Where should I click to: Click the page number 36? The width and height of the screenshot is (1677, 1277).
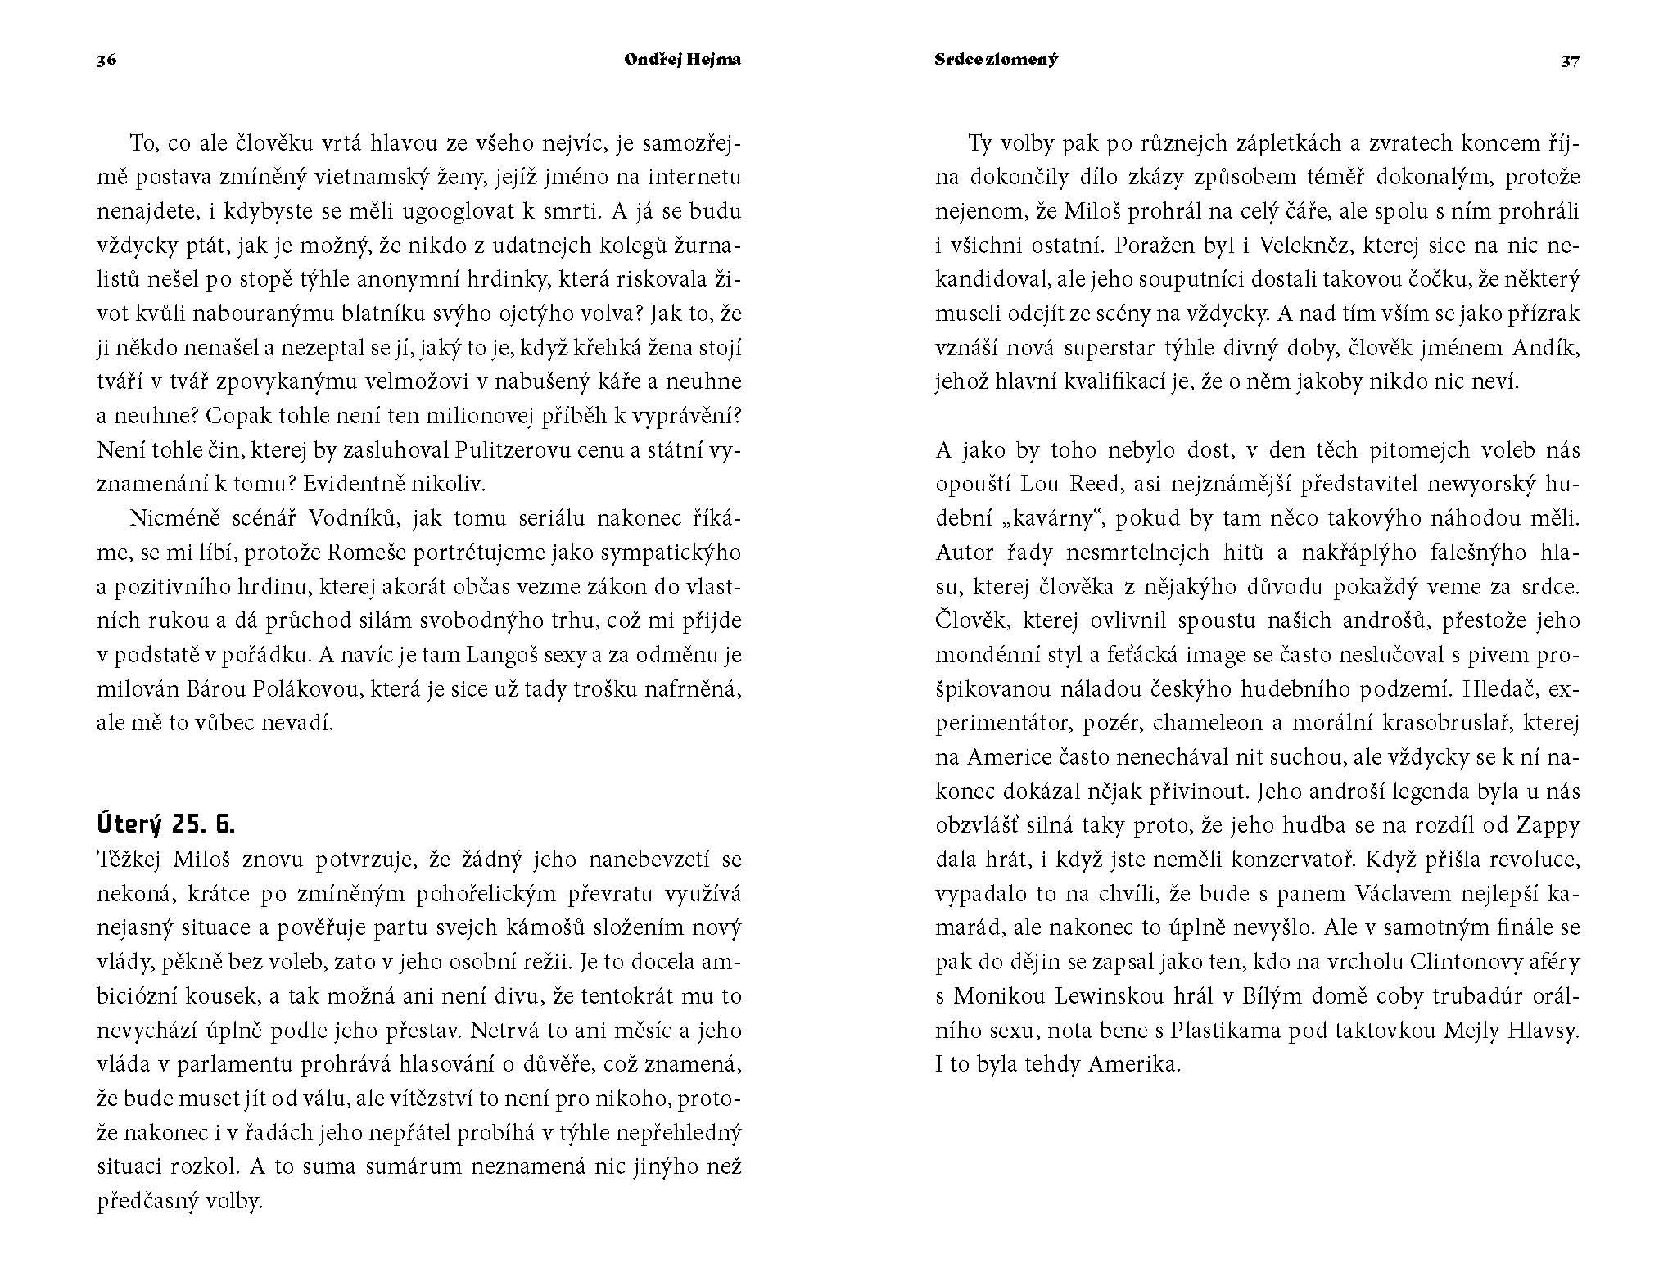[106, 60]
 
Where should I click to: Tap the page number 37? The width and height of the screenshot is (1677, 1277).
[1570, 60]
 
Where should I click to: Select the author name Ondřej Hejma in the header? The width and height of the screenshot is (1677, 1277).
[683, 60]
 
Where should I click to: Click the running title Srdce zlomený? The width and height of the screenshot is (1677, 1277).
[996, 60]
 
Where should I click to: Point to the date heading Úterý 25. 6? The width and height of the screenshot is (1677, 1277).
[165, 824]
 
